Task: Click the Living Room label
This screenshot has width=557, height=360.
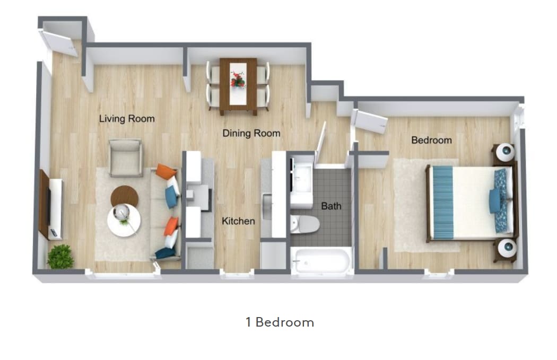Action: pyautogui.click(x=127, y=118)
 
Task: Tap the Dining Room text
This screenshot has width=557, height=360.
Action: pyautogui.click(x=251, y=133)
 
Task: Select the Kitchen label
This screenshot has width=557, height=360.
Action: pyautogui.click(x=238, y=221)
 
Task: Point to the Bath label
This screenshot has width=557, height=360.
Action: pyautogui.click(x=331, y=206)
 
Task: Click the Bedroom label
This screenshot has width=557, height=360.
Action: pyautogui.click(x=432, y=140)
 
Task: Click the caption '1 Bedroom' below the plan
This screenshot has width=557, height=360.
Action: pyautogui.click(x=280, y=322)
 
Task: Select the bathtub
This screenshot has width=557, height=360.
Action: pyautogui.click(x=321, y=261)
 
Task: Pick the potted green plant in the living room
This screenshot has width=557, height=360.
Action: pyautogui.click(x=60, y=257)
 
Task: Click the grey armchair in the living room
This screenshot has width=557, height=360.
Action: pyautogui.click(x=126, y=157)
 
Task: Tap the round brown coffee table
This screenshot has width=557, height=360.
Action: pyautogui.click(x=124, y=197)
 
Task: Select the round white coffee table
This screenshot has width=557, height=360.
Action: pyautogui.click(x=124, y=218)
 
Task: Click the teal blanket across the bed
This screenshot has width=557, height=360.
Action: pyautogui.click(x=441, y=202)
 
